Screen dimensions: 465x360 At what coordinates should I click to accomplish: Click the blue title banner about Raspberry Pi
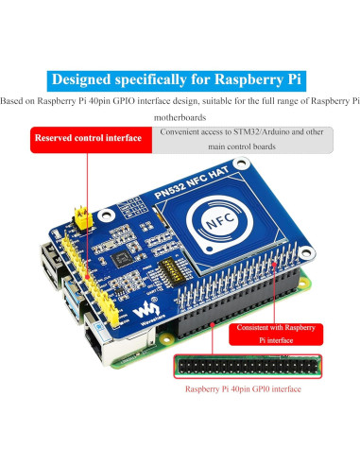180,78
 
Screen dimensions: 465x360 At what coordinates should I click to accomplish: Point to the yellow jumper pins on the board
82,215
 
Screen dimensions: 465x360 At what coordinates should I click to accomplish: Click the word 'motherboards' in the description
180,117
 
